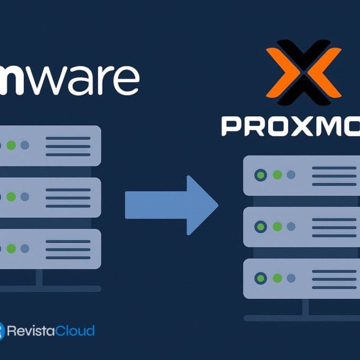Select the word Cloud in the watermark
tap(76, 331)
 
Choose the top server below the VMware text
tap(50, 146)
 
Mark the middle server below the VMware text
tap(50, 197)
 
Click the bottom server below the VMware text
tap(50, 248)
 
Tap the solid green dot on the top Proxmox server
tap(277, 175)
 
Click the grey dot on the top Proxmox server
tap(291, 175)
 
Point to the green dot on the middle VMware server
tap(11, 197)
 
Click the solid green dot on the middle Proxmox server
tap(277, 227)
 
